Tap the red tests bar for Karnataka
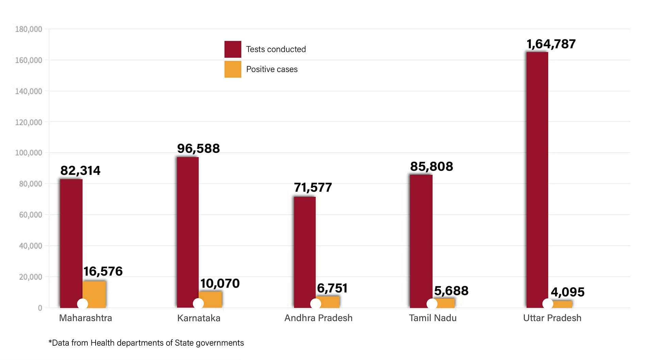[x=188, y=231]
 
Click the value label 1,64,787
[x=551, y=44]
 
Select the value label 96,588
[x=198, y=149]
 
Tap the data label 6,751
[x=332, y=288]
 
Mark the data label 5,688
[x=451, y=291]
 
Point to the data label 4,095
[x=567, y=292]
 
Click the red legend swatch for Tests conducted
[x=233, y=49]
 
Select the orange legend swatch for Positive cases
[x=233, y=69]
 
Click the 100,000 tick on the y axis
[x=29, y=153]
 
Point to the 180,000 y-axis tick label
[x=29, y=29]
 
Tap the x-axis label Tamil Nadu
[x=433, y=318]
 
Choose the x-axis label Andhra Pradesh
[x=318, y=318]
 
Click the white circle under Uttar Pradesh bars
[x=548, y=304]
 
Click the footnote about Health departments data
[x=146, y=343]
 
